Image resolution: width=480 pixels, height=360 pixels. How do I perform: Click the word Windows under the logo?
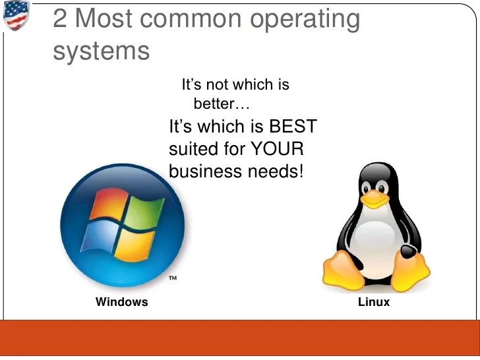pyautogui.click(x=122, y=303)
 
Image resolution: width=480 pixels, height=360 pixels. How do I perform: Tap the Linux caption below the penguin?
pyautogui.click(x=374, y=303)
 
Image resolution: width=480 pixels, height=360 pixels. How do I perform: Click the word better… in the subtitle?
pyautogui.click(x=222, y=104)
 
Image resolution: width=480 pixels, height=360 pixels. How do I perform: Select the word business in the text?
pyautogui.click(x=205, y=171)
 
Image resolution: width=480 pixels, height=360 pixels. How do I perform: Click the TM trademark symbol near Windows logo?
pyautogui.click(x=173, y=278)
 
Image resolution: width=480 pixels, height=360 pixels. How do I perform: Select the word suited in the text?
pyautogui.click(x=194, y=148)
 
